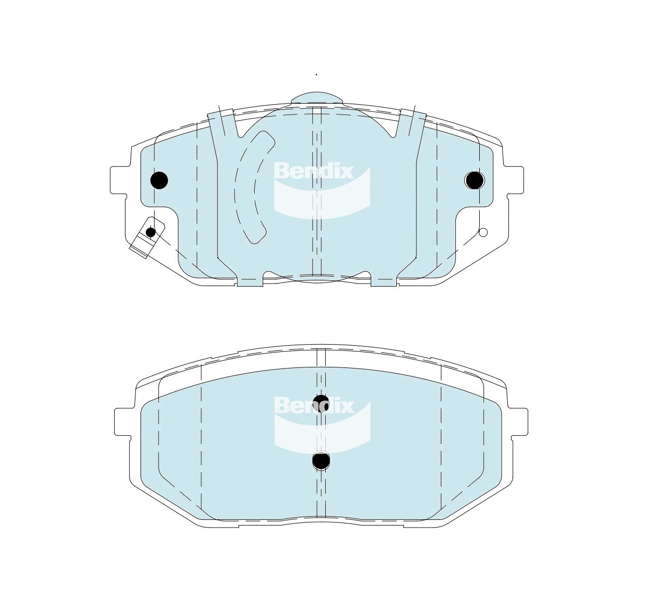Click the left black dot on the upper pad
pos(159,180)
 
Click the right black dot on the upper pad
pos(474,180)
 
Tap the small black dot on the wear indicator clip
pos(150,232)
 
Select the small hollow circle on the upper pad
pos(483,232)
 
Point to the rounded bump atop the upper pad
pos(317,98)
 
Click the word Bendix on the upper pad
pos(313,171)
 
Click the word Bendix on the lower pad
pos(313,405)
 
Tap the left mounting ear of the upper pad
pos(118,180)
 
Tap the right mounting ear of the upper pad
pos(513,180)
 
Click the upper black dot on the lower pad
pos(322,402)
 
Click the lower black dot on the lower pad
pos(321,460)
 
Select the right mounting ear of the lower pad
pos(519,422)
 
